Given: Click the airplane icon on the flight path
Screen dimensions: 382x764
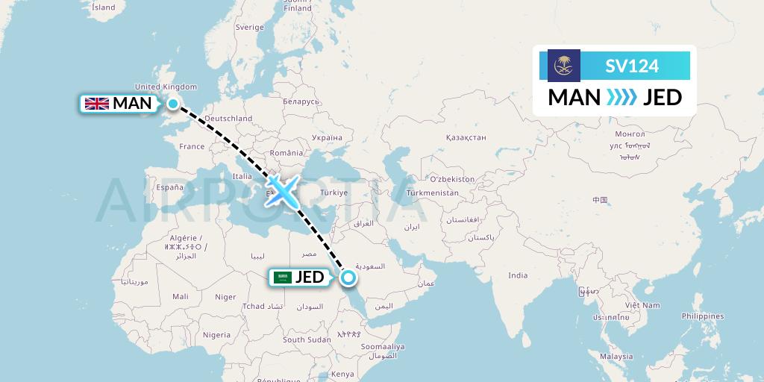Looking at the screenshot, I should [x=281, y=191].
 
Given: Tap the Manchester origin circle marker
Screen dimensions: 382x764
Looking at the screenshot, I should [x=173, y=104].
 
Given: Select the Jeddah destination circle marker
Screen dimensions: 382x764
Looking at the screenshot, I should [x=348, y=278].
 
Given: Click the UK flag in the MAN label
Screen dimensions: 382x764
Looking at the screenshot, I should [x=96, y=104].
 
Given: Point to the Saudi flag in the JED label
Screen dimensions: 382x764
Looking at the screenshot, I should [x=282, y=278].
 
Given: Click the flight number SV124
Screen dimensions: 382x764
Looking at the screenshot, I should [x=631, y=66].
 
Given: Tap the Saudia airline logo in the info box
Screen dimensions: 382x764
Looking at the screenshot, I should [x=563, y=66].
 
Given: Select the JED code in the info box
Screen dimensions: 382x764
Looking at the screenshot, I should [x=662, y=97].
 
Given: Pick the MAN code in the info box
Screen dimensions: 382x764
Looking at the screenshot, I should [x=574, y=97].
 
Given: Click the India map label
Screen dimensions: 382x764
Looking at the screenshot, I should [x=518, y=275].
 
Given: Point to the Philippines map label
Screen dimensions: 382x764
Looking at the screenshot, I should [x=702, y=316].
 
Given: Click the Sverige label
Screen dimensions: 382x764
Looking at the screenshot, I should [x=250, y=27].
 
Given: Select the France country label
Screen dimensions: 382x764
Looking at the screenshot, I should [x=191, y=147].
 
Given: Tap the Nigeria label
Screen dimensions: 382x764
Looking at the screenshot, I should [x=216, y=335].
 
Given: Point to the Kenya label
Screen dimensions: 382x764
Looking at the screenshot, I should [x=342, y=374].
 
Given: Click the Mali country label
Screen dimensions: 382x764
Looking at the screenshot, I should [x=180, y=296].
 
